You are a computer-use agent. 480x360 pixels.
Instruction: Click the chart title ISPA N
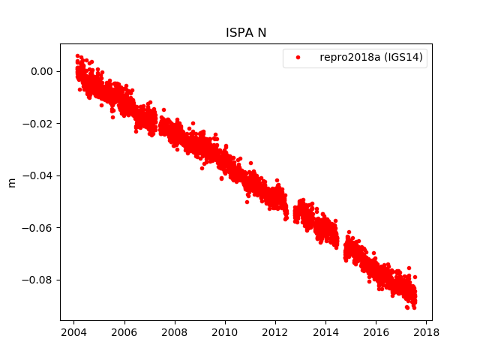pos(246,33)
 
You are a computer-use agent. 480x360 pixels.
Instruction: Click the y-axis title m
pos(11,182)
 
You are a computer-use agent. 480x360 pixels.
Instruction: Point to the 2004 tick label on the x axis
pos(73,333)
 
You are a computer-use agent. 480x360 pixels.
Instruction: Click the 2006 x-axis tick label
pos(124,333)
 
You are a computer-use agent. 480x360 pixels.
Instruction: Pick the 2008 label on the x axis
pos(175,333)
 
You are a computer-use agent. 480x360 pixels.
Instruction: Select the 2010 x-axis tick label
pos(225,333)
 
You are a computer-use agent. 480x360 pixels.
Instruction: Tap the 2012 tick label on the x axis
pos(275,333)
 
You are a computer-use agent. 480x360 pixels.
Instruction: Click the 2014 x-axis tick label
pos(325,333)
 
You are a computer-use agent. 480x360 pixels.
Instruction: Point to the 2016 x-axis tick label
pos(376,333)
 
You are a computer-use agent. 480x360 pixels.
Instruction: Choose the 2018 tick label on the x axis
pos(426,333)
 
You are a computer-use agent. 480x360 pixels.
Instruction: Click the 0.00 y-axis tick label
pos(43,71)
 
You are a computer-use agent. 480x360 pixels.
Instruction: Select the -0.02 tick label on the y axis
pos(40,124)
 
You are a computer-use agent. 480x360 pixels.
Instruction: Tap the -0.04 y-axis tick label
pos(40,175)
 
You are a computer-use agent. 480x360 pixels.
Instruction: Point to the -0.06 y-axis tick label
pos(40,228)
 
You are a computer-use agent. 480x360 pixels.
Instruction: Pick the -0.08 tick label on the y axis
pos(40,280)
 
